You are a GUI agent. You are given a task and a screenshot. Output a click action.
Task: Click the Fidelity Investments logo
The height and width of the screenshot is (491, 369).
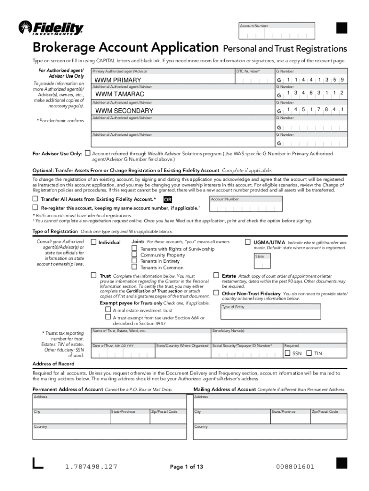(x=51, y=28)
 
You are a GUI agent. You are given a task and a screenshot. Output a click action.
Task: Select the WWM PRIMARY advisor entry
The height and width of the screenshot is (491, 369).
(x=118, y=80)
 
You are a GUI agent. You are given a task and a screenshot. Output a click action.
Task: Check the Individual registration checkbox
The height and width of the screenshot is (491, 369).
(x=93, y=242)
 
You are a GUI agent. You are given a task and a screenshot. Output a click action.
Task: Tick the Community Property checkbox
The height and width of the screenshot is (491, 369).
(x=135, y=255)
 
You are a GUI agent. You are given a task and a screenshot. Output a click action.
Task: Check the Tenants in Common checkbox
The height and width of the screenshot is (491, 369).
(x=135, y=268)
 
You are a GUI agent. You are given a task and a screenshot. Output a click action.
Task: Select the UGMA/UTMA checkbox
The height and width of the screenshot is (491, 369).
(x=248, y=242)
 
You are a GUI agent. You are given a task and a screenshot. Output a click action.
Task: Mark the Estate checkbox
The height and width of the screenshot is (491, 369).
(x=216, y=276)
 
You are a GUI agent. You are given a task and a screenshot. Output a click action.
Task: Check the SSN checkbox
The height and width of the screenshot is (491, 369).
(x=288, y=353)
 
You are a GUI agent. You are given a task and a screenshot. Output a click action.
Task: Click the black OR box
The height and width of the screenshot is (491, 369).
(x=168, y=199)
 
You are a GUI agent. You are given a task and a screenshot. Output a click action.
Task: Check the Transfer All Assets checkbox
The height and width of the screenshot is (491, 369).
(x=35, y=199)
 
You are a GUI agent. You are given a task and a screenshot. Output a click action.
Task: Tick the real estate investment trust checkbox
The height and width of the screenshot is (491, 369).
(x=108, y=310)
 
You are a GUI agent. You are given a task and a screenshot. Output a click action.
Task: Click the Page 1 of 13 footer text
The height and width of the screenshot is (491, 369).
(x=186, y=467)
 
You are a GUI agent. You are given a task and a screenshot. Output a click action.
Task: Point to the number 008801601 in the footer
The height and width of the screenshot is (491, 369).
(x=295, y=467)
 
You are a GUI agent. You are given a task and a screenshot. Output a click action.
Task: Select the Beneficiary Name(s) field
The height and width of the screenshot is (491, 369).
(x=279, y=336)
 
